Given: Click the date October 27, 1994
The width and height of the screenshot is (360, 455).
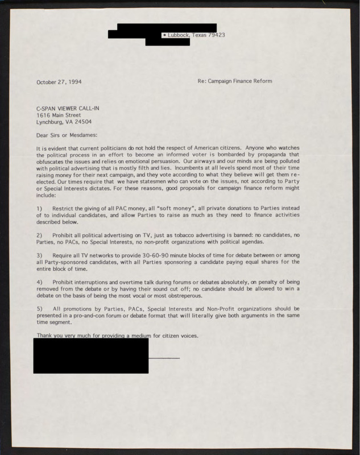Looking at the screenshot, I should pos(59,81).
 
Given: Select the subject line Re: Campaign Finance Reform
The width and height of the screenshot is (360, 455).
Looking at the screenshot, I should pos(234,81).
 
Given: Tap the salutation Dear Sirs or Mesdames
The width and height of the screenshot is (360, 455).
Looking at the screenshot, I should pos(67,135).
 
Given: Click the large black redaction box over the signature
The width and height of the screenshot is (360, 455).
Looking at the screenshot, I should pos(91,355).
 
